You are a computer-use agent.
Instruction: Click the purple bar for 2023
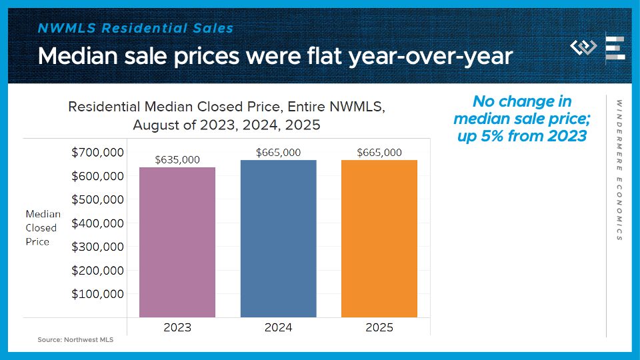point(177,242)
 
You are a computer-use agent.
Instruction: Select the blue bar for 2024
point(279,239)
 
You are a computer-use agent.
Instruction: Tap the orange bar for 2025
point(379,239)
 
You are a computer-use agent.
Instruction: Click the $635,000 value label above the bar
point(177,160)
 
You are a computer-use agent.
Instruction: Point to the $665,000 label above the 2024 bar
point(279,153)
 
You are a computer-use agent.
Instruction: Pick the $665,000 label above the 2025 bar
point(379,153)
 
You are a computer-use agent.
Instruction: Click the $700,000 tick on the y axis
point(97,153)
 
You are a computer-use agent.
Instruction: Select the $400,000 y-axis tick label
point(97,223)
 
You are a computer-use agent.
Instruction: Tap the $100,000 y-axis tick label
point(97,294)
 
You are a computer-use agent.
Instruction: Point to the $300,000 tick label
point(97,247)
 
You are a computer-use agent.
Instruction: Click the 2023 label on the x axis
point(177,327)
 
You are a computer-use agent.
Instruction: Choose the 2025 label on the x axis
point(379,327)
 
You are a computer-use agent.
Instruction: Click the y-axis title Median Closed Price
point(43,228)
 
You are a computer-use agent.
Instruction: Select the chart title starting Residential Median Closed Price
point(227,115)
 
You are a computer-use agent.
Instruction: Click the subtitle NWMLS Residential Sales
point(136,28)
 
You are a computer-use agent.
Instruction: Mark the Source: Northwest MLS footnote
point(75,340)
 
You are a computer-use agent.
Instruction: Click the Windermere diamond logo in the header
point(583,47)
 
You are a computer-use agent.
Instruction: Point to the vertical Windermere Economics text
point(619,170)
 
